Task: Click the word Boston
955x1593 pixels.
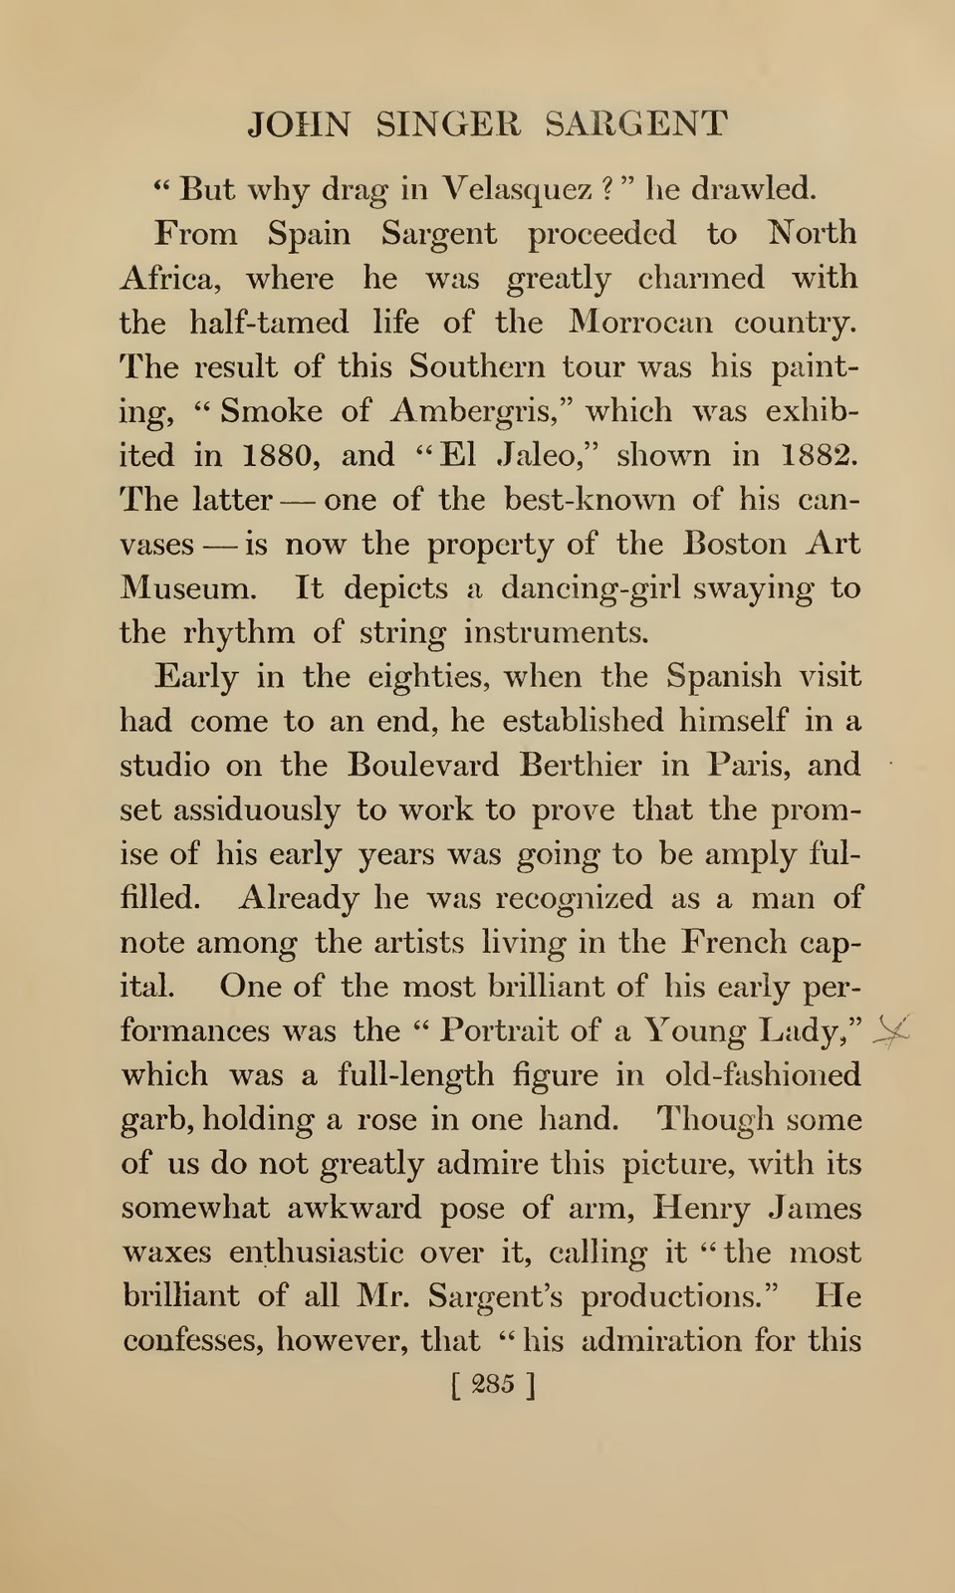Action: pos(735,544)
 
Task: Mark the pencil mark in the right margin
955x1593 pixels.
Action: pos(891,1034)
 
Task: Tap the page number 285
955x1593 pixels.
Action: pos(494,1385)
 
